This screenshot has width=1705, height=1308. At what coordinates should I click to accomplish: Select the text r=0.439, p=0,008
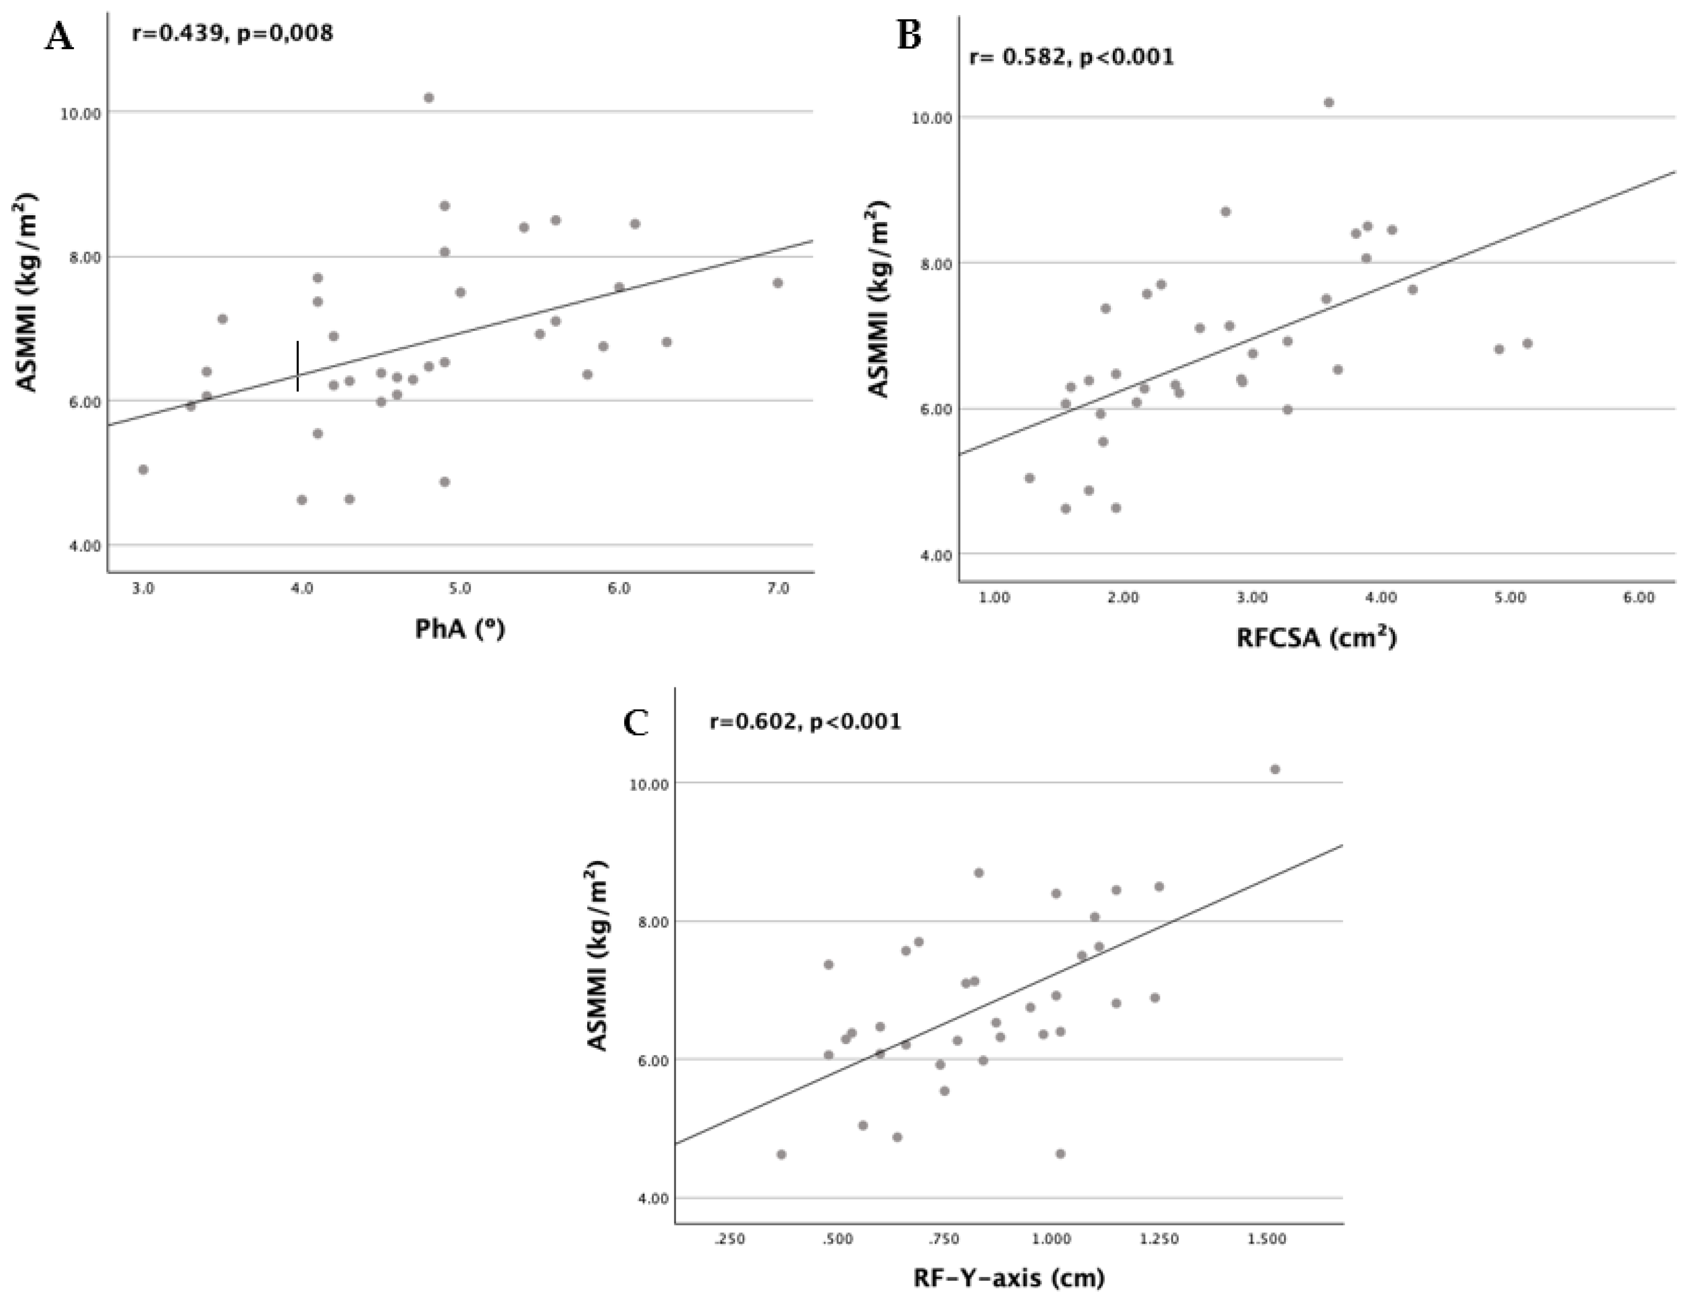232,34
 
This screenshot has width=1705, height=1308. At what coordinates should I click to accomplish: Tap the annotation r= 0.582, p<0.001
1071,57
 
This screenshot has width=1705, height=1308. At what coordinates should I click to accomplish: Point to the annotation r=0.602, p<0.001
805,722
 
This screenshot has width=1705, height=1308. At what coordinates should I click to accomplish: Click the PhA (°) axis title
459,629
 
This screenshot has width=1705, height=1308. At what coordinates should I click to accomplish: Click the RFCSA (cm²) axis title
1316,638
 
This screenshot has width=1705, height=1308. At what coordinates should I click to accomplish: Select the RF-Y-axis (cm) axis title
1009,1277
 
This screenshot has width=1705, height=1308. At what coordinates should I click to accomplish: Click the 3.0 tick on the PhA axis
142,589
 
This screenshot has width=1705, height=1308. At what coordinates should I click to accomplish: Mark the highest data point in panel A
428,98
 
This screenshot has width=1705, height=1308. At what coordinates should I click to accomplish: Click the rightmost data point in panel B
1527,343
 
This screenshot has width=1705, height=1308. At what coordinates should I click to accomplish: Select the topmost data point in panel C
1275,769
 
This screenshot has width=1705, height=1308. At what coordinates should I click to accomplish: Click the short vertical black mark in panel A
298,366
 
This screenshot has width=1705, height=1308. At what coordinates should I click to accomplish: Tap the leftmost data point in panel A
142,470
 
